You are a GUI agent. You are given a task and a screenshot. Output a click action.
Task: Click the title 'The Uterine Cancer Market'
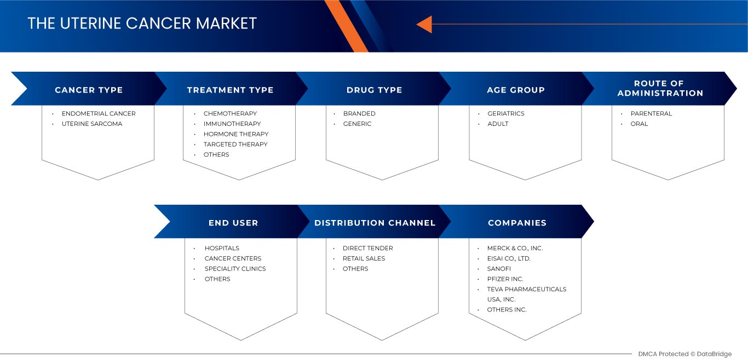pos(142,24)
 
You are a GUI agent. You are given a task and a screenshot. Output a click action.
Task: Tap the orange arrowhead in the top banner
pos(424,24)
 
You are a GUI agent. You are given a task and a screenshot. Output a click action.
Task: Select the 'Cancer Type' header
pos(89,90)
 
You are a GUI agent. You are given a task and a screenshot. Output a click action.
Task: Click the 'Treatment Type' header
pos(230,90)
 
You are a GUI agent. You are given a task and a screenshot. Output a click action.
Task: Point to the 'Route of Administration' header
pos(660,88)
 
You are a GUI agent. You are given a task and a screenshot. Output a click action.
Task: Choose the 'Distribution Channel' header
pos(375,223)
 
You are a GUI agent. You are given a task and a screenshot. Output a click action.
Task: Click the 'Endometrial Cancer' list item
pos(99,113)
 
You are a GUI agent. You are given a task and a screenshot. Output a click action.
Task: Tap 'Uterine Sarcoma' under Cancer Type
pos(92,124)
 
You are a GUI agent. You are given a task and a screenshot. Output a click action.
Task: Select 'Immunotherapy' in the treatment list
pos(232,124)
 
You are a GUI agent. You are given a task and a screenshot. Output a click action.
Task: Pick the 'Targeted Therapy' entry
pos(235,144)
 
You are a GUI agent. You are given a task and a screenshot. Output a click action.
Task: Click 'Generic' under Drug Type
pos(357,124)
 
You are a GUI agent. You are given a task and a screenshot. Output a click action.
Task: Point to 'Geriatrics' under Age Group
pos(505,113)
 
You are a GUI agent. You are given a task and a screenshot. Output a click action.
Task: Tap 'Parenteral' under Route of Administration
pos(651,113)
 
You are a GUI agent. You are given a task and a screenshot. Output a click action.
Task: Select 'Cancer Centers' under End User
pos(233,258)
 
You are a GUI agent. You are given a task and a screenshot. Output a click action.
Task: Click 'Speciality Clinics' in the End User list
pos(235,269)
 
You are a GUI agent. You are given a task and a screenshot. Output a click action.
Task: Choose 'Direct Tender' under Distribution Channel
pos(367,248)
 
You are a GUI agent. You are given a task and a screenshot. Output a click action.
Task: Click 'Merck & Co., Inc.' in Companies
pos(515,248)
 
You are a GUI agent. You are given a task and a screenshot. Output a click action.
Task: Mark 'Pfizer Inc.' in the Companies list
pos(505,279)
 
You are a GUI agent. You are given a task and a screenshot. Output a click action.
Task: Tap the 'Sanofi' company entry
pos(499,269)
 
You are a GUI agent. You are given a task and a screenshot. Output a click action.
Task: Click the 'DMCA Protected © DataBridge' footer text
pos(684,354)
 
